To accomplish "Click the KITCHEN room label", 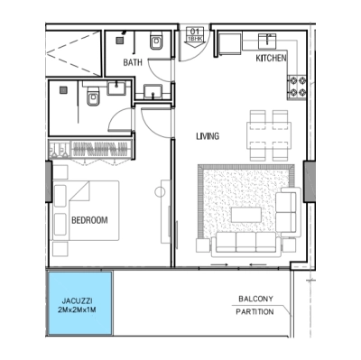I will click(271, 60).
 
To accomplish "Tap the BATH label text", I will click(134, 62).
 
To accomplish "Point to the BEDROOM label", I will click(89, 220).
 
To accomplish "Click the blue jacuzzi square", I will click(79, 304).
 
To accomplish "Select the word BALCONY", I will click(256, 299).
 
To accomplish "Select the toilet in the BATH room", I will click(155, 42).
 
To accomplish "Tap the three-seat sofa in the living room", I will click(237, 242).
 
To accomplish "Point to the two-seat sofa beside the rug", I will click(287, 214).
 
